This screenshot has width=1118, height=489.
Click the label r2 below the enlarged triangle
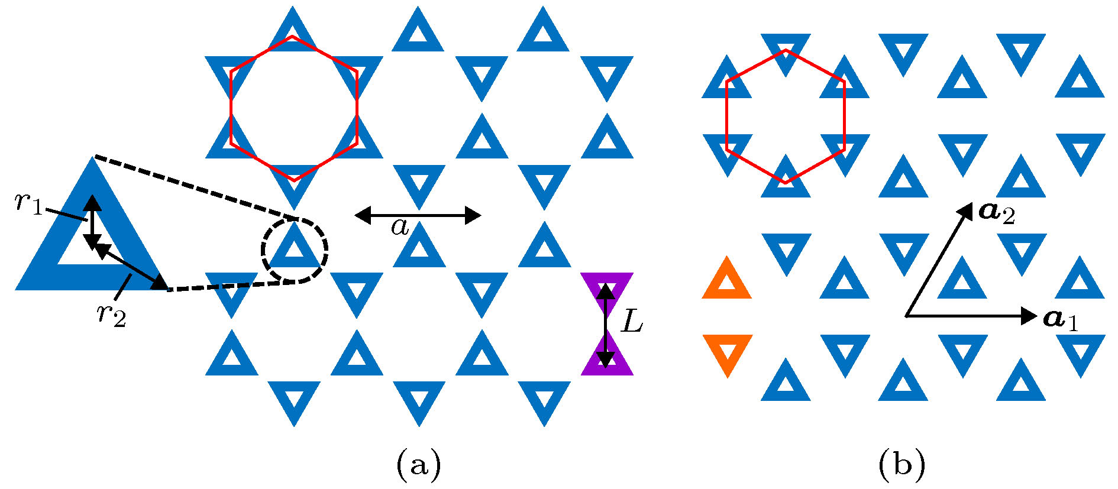click(x=112, y=313)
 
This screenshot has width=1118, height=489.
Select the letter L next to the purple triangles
click(x=632, y=323)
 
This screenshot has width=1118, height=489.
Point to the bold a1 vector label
click(x=1061, y=319)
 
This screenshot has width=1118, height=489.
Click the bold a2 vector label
click(x=997, y=213)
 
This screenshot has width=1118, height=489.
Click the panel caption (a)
click(x=419, y=464)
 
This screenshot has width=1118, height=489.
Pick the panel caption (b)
click(x=902, y=464)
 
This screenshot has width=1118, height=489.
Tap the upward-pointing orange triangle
click(x=727, y=280)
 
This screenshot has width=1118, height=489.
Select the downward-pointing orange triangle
click(x=727, y=352)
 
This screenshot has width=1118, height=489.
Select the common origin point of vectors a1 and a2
click(x=906, y=316)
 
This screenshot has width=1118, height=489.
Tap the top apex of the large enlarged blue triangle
click(x=92, y=158)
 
